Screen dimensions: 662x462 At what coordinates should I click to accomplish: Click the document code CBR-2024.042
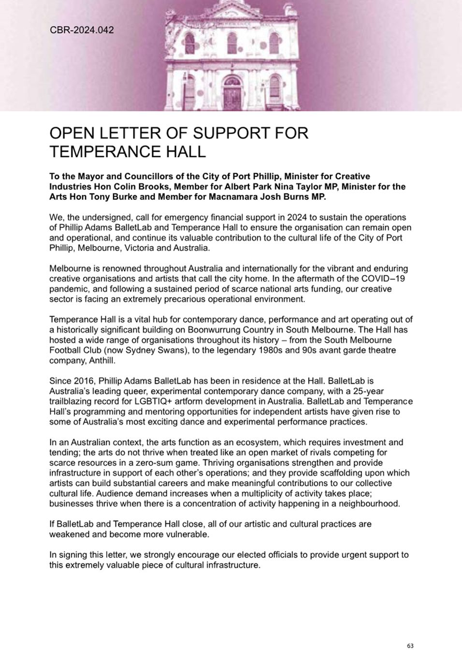tap(82, 30)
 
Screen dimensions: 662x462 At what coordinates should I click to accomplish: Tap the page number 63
tap(410, 646)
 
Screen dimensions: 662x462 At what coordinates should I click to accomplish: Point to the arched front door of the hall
tap(231, 92)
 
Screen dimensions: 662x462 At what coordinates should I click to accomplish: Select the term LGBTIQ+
tap(151, 401)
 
